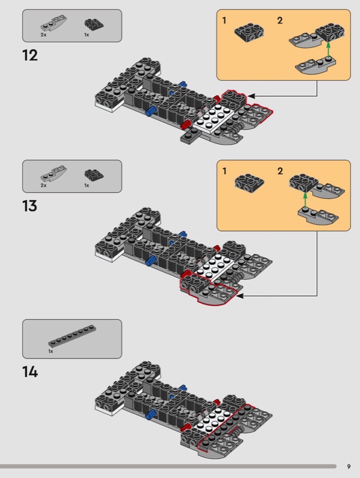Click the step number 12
coord(30,56)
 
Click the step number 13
coord(30,206)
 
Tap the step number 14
coord(30,372)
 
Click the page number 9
coord(349,467)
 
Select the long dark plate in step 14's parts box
coord(72,336)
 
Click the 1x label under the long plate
coord(51,351)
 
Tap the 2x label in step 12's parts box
coord(43,35)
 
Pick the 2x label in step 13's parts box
coord(43,185)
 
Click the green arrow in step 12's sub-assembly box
coord(328,50)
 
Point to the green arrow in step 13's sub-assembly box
coord(305,200)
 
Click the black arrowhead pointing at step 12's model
coord(251,96)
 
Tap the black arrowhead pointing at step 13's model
coord(240,296)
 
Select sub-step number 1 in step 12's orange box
coord(224,20)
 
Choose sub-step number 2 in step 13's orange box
coord(280,171)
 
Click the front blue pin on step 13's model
coord(150,261)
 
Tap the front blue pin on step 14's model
coord(150,415)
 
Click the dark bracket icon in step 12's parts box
coord(94,24)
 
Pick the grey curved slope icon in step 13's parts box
coord(54,173)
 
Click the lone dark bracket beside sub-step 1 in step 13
coord(249,183)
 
